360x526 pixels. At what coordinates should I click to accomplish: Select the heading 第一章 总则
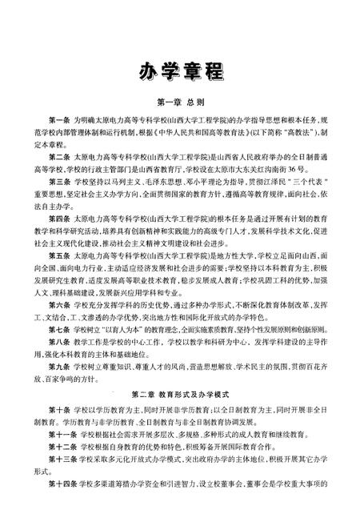coord(180,102)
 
